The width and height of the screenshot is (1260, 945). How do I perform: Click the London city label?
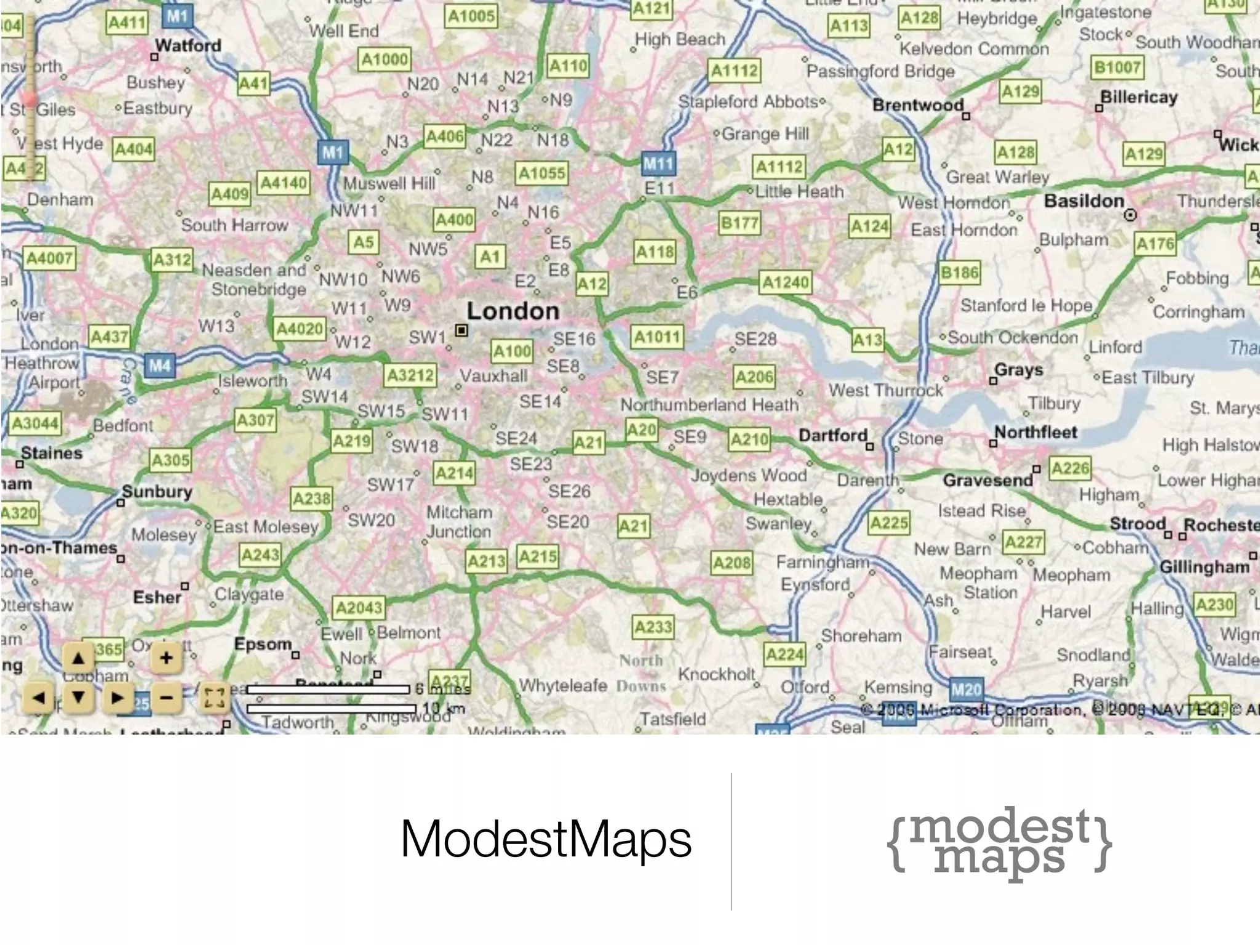point(512,311)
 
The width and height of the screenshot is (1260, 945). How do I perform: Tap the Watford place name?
point(188,46)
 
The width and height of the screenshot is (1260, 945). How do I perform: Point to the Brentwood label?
point(917,105)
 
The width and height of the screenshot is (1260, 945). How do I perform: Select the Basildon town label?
point(1084,201)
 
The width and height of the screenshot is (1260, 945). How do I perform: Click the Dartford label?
point(832,436)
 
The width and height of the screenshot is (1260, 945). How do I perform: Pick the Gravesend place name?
point(987,480)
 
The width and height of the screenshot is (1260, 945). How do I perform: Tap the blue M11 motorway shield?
point(658,164)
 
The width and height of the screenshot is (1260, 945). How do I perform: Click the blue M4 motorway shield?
point(159,367)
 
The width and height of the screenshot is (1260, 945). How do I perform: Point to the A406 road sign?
point(444,137)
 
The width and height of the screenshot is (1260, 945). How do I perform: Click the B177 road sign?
point(739,223)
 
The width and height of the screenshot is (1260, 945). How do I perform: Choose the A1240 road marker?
point(786,282)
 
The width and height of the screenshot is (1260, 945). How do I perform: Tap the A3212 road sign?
point(410,375)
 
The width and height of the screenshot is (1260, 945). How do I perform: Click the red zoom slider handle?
point(29,100)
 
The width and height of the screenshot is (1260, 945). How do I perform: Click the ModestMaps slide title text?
point(546,839)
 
